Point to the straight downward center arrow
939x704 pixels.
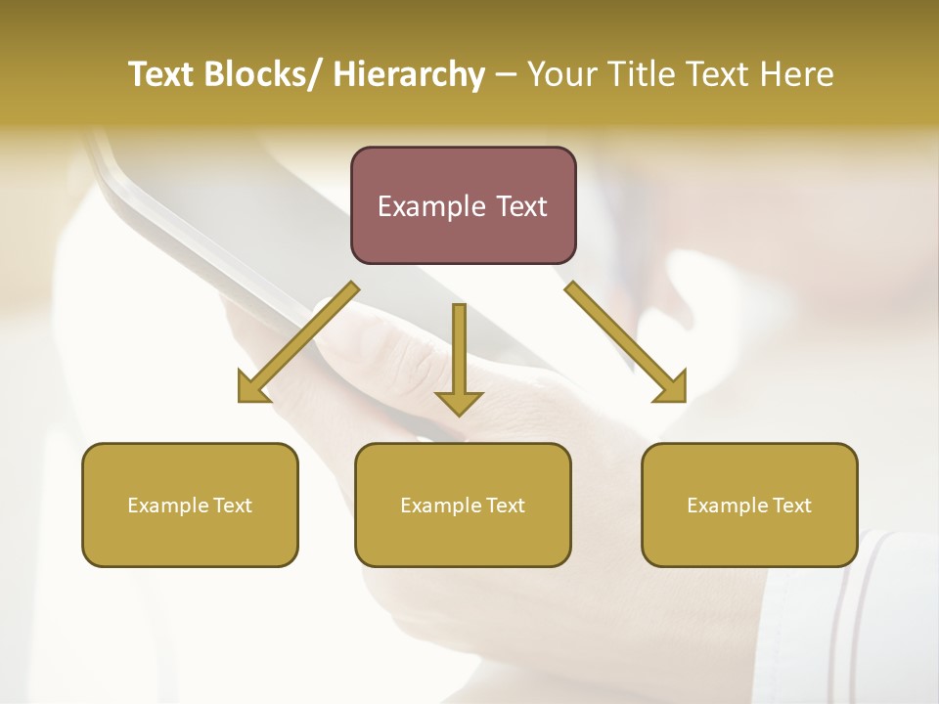pos(459,352)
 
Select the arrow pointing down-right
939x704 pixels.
pos(626,343)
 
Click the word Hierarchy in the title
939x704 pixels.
pos(409,74)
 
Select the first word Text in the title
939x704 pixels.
pos(164,74)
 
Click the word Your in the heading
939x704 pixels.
pos(561,74)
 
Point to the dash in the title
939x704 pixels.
pos(506,75)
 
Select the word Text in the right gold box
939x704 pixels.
pos(790,506)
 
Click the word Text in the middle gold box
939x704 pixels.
pos(504,506)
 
